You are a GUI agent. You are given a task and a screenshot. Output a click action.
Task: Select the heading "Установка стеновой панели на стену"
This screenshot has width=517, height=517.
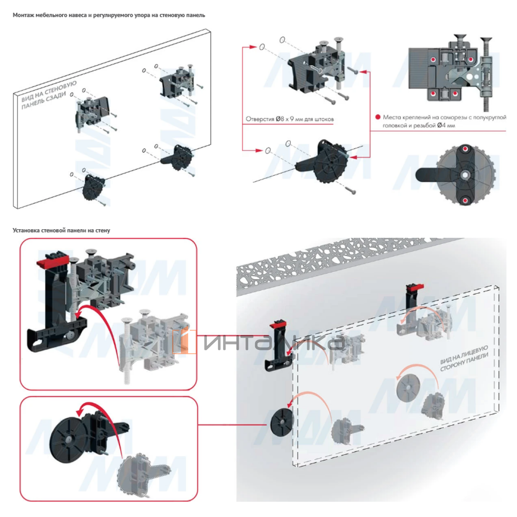tap(61, 230)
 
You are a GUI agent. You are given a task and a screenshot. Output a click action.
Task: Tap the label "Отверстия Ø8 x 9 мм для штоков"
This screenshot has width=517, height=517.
tap(290, 119)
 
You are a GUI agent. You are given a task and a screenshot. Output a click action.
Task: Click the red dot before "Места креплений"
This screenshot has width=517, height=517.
tap(378, 117)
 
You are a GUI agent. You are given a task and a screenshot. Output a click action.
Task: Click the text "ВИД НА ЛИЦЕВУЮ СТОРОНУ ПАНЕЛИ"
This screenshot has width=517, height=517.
tap(464, 358)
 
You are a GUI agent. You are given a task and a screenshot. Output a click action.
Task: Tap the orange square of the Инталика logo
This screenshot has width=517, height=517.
tap(184, 342)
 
